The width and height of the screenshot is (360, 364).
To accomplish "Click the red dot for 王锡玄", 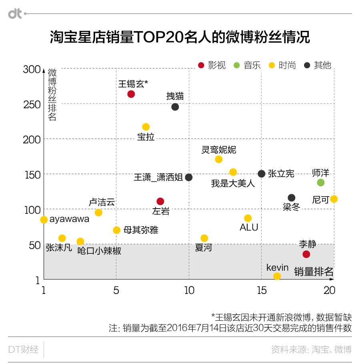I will coord(131,94).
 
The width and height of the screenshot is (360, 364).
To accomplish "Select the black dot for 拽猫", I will coord(175,107).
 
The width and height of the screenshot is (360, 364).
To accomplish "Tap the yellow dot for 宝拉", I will coord(146,127).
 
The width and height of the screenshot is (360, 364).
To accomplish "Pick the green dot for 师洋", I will coord(320,183).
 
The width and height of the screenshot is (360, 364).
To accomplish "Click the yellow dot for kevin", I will coord(277,276).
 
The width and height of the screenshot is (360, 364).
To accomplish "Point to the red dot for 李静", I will coord(306,254).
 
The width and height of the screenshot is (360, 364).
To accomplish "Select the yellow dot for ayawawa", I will coord(44,220).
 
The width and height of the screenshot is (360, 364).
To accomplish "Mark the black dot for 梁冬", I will coord(292,198).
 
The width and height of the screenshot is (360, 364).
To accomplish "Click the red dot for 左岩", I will coord(160,201).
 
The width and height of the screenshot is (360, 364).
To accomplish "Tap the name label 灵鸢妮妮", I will coord(218,150).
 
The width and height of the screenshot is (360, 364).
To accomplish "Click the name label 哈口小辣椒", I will coord(99,251).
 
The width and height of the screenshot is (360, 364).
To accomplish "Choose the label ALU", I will coord(249,227).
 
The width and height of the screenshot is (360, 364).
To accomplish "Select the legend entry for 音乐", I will coord(248,65).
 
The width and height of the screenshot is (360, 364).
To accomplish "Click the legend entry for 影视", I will coord(212,65).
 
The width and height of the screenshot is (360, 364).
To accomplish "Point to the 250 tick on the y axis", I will coord(32,105).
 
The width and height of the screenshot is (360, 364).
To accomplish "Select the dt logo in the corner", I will coord(15,14).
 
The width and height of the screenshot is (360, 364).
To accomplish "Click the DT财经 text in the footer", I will coord(24,349).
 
